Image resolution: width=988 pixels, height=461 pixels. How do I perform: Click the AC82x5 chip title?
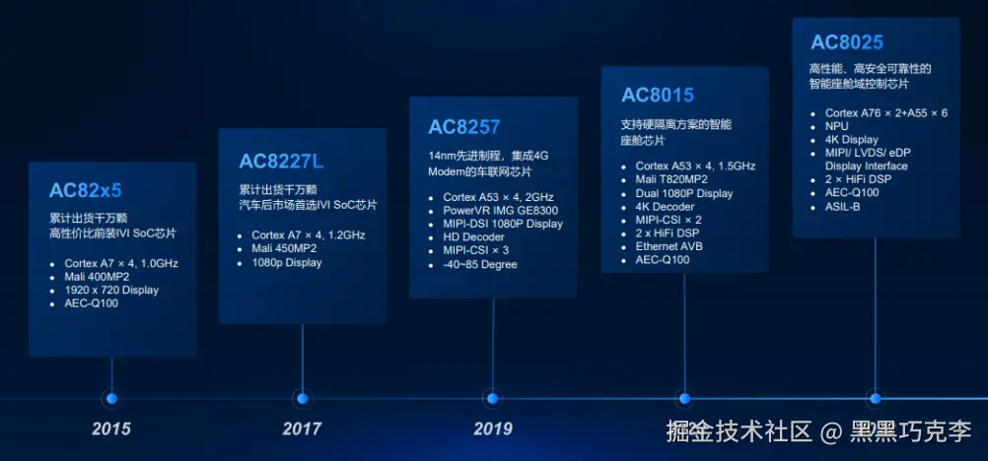[x=85, y=190]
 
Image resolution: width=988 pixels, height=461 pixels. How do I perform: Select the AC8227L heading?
[x=281, y=162]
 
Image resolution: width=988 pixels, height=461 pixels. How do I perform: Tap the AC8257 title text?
[x=464, y=127]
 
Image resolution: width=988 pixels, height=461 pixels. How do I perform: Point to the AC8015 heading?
[x=658, y=96]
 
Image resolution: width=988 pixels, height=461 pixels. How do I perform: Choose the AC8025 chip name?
[x=847, y=42]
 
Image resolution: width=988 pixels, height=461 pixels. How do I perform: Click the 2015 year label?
[x=110, y=429]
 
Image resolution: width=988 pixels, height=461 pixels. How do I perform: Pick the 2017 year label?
[x=302, y=429]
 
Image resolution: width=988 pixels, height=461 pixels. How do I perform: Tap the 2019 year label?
[x=493, y=429]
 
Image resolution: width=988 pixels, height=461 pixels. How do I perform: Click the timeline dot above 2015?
[x=112, y=399]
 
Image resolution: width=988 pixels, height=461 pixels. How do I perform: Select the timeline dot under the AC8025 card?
[x=875, y=399]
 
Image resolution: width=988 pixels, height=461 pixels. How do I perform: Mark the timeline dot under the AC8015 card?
[x=684, y=399]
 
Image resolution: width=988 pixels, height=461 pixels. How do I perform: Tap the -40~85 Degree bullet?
[x=480, y=265]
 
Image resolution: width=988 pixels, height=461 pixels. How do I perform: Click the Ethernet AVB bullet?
[x=670, y=246]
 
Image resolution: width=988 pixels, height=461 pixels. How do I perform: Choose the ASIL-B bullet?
[x=842, y=207]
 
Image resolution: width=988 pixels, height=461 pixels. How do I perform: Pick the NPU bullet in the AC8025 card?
[x=837, y=127]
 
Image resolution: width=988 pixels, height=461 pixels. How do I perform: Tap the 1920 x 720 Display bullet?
[x=111, y=291]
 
